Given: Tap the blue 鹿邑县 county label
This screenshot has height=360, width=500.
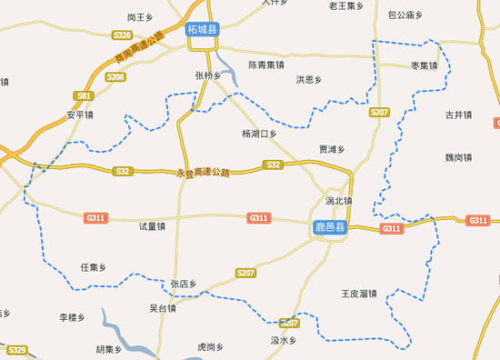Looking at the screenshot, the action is [329, 227].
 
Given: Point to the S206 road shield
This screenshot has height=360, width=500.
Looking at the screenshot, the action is [115, 77].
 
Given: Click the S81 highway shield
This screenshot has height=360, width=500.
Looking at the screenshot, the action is [85, 95].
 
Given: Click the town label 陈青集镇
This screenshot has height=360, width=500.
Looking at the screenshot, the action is [266, 65].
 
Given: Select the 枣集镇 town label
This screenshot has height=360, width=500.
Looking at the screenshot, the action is [425, 65].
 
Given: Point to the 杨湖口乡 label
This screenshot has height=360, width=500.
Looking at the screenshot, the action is [258, 135].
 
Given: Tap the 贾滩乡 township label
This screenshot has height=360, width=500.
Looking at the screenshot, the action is [332, 150].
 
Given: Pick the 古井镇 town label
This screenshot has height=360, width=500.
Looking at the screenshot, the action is [458, 115].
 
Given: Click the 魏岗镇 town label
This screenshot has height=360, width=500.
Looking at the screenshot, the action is [459, 157].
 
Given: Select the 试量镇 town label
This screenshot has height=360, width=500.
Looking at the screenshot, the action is [152, 226].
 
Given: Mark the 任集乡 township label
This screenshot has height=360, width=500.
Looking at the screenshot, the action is [94, 267].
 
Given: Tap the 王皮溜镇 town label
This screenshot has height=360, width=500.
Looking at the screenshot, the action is [358, 294].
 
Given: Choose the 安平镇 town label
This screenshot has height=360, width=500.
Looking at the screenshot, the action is [80, 115].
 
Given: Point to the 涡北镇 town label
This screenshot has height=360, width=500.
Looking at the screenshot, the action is [338, 201].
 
